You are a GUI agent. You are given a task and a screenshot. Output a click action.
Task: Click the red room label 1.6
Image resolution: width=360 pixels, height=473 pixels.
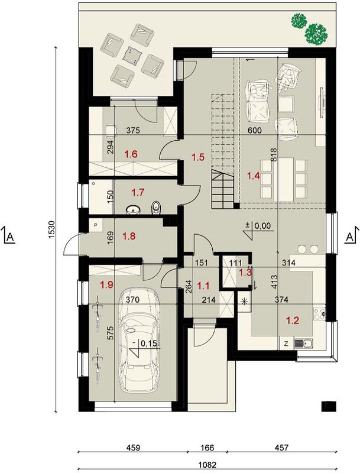pos(131,154)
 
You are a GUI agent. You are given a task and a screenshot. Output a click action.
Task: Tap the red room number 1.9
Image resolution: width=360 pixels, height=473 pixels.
pos(107,285)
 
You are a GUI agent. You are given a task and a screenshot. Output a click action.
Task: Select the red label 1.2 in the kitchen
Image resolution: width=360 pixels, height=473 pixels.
pos(292,320)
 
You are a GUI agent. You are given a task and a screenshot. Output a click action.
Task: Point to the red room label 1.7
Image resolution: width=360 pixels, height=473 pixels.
pos(138,192)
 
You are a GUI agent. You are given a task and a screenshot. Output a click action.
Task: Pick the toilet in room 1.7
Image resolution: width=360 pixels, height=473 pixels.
pos(157,208)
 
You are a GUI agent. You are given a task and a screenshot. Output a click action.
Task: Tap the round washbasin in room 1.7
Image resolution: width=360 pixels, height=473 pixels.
pos(131,210)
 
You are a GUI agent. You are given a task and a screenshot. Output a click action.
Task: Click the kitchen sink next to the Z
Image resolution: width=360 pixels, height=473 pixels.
pos(304,344)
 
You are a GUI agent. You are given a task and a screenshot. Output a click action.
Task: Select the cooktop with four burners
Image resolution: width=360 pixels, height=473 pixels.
pos(320,313)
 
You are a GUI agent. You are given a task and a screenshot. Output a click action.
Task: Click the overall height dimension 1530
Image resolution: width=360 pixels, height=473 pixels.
pos(51,230)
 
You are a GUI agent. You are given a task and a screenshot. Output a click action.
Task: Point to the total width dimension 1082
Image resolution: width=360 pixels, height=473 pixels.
pos(207,465)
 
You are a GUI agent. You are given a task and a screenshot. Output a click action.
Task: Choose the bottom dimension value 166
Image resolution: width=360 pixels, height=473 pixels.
pos(207,448)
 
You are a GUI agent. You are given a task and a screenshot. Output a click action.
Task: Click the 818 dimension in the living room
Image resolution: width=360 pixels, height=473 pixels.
pos(274,155)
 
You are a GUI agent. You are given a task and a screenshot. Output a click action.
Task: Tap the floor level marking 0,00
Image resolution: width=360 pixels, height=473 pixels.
pos(262,226)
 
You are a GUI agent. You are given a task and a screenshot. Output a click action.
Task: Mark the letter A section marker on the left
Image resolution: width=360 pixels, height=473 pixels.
pos(11,237)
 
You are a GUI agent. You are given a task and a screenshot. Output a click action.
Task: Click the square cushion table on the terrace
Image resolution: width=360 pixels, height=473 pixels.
pos(132,55)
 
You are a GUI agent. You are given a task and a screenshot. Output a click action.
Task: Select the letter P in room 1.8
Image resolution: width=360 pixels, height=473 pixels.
pos(96,225)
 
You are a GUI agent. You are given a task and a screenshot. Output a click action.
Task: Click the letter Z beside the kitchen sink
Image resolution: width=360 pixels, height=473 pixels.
pos(286,344)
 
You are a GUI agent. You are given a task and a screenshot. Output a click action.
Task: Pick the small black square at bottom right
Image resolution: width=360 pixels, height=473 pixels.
pos(329,406)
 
